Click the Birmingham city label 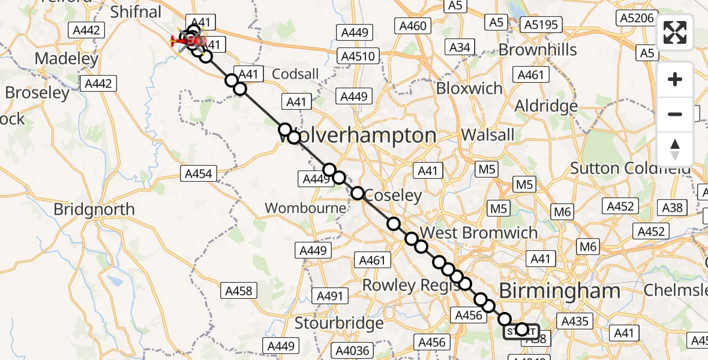pyautogui.click(x=559, y=292)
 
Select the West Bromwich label pyautogui.click(x=479, y=233)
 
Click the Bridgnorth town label pyautogui.click(x=94, y=209)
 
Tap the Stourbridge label pyautogui.click(x=339, y=323)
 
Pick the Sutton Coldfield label pyautogui.click(x=630, y=169)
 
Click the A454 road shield pyautogui.click(x=197, y=174)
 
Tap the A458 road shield pyautogui.click(x=239, y=291)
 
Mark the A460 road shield pyautogui.click(x=412, y=25)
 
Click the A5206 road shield pyautogui.click(x=637, y=18)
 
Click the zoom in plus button pyautogui.click(x=675, y=79)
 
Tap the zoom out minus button pyautogui.click(x=675, y=114)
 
